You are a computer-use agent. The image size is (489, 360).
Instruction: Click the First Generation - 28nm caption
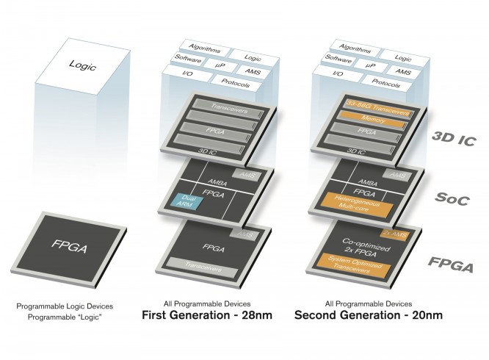pos(210,316)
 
